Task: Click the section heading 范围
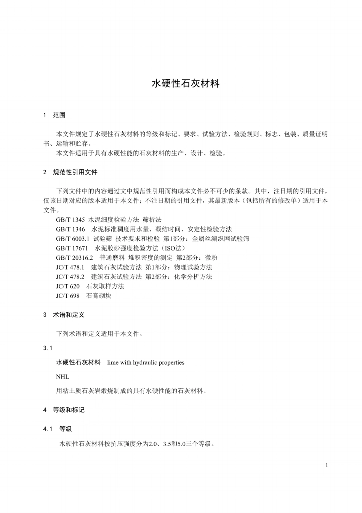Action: point(59,115)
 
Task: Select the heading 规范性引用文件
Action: point(75,172)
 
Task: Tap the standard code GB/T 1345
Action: point(70,220)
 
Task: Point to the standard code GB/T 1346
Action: point(70,229)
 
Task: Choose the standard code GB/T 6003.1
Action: point(72,239)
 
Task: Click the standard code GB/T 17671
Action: point(72,248)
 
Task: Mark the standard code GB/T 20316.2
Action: point(74,258)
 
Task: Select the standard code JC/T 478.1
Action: point(70,267)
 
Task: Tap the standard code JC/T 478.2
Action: point(70,277)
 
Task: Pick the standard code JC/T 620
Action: point(68,286)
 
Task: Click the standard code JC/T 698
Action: point(68,296)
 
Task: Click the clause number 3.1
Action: point(48,348)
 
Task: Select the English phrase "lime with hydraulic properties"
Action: point(146,363)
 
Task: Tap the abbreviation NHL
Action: point(62,377)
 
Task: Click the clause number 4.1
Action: point(48,429)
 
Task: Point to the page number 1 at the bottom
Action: point(327,465)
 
